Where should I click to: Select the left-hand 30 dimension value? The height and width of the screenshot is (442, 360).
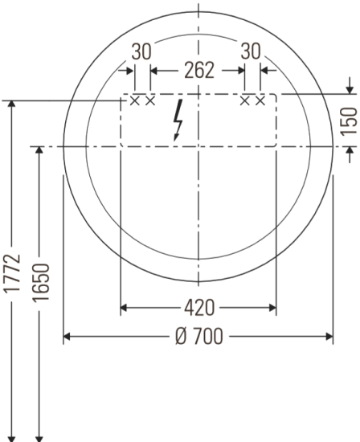pyautogui.click(x=141, y=51)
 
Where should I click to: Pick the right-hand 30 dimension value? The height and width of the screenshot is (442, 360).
pyautogui.click(x=252, y=51)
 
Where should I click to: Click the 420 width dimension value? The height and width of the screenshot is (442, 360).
pyautogui.click(x=197, y=307)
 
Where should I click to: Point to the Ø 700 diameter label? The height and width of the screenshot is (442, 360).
pyautogui.click(x=197, y=335)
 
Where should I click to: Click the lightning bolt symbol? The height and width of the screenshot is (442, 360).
pyautogui.click(x=178, y=121)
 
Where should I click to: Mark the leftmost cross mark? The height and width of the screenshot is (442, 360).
pyautogui.click(x=135, y=100)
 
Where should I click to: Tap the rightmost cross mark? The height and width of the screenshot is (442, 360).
pyautogui.click(x=260, y=100)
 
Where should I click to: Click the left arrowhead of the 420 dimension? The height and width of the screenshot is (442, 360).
pyautogui.click(x=124, y=307)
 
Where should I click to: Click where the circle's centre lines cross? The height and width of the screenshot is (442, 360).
pyautogui.click(x=198, y=147)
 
